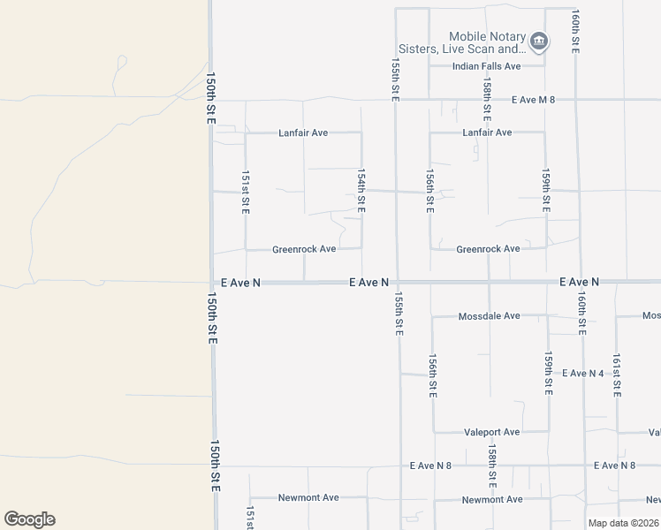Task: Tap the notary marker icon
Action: pos(539,41)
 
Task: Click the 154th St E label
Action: pos(361,191)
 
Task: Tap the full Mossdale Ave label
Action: pos(489,315)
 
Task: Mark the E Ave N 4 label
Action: pos(581,374)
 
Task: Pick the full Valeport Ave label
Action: pos(491,432)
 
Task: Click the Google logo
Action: pos(29,519)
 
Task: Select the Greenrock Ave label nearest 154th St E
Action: pos(304,249)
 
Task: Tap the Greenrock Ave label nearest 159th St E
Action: pos(488,249)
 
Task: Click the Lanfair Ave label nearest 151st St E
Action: pos(303,132)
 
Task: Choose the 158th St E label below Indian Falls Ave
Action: pos(487,99)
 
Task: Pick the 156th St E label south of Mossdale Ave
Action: pos(432,377)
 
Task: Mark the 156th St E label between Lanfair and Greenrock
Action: pos(429,191)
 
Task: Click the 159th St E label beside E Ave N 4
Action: pos(548,374)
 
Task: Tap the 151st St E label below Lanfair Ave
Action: pos(246,193)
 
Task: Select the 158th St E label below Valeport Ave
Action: pos(492,466)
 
